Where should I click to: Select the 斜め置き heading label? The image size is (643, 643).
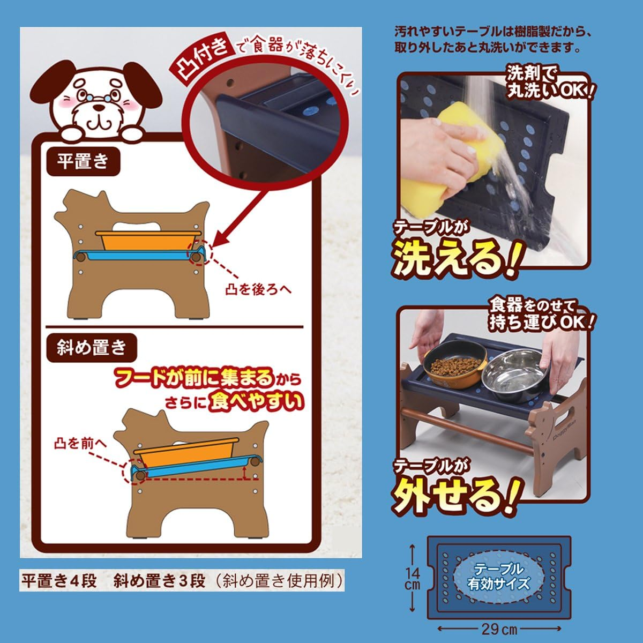(91, 348)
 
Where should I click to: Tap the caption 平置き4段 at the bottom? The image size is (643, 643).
(59, 581)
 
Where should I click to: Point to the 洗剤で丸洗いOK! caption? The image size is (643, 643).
(547, 84)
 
